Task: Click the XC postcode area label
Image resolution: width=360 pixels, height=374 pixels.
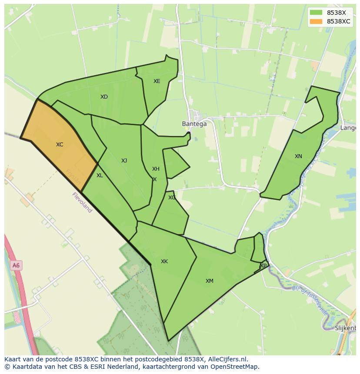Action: point(60,145)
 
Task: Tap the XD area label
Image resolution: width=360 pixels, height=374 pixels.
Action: point(104,97)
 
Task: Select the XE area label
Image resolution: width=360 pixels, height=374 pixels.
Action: point(157,81)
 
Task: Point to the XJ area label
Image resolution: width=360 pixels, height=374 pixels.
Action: point(124,161)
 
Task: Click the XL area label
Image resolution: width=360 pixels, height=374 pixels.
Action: point(100,175)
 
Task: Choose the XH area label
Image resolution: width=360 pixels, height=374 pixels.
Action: point(156,169)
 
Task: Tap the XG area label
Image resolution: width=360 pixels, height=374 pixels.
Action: point(172,198)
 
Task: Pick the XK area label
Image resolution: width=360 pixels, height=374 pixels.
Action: point(164,261)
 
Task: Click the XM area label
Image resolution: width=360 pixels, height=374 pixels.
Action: point(209,281)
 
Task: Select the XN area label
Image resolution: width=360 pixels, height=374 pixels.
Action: point(298,156)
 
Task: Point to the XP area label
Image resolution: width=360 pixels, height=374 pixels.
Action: point(263,265)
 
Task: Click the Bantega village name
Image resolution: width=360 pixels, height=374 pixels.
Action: point(194,124)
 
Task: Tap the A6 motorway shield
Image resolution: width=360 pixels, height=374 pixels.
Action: point(16,265)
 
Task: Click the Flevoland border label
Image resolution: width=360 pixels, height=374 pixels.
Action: point(82,202)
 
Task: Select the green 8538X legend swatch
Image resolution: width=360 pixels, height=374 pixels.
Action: point(316,13)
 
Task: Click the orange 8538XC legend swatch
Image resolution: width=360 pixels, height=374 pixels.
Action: point(316,21)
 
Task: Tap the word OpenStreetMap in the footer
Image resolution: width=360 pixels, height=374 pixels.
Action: point(234,367)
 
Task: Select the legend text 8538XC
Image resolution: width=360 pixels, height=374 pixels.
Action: point(338,21)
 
